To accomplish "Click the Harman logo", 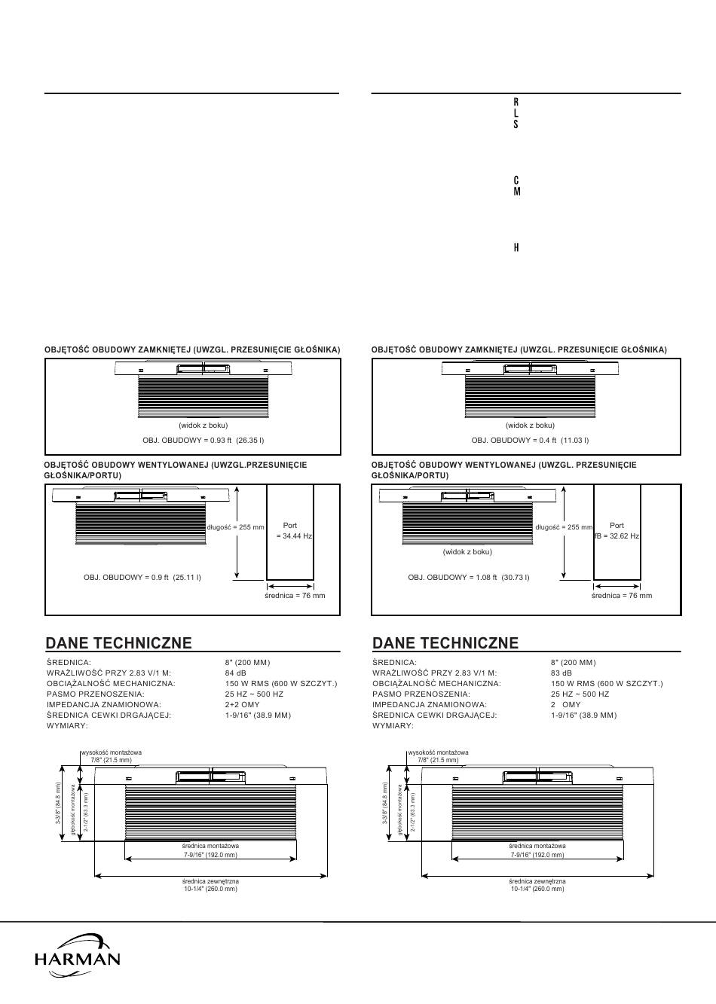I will (77, 956).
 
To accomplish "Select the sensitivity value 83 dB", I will (561, 673).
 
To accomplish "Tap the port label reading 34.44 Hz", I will (294, 536).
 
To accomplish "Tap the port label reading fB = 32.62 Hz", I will (617, 536).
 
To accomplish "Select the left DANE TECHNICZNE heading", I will (118, 642).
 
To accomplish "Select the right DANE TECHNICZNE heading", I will (445, 642).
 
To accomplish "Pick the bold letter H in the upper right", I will (516, 248).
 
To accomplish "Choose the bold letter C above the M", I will (516, 181).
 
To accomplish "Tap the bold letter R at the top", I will (516, 101).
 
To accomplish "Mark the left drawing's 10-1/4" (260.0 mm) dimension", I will (210, 889).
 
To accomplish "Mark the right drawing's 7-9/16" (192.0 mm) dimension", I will (537, 855).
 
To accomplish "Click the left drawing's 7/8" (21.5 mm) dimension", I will (111, 760).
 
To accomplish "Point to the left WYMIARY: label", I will (67, 726).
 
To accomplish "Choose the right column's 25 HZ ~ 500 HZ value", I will (580, 694).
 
